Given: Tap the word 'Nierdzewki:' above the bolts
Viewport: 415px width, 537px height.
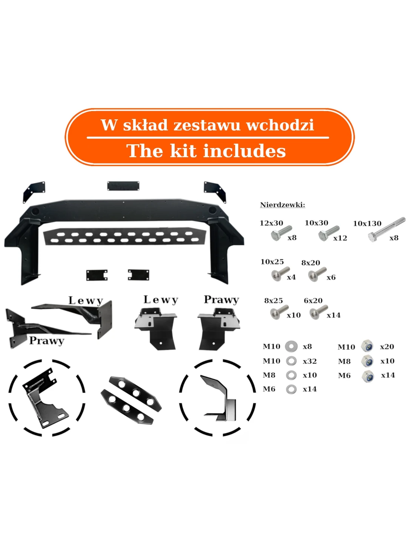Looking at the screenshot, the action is click(283, 205).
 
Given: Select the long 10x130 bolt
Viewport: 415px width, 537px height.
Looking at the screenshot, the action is click(386, 229).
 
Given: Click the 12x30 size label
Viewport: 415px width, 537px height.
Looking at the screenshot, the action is click(271, 223).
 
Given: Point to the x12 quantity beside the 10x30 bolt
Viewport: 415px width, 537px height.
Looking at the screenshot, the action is click(340, 238).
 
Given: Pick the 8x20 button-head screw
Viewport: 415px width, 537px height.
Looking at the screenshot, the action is click(317, 274).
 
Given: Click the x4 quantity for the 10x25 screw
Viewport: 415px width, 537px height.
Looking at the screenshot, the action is click(291, 277).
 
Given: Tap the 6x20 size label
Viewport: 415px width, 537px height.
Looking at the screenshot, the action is click(313, 301).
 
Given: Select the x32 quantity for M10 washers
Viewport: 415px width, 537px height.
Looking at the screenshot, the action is click(310, 361).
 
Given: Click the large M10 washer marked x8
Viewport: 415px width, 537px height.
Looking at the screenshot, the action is click(291, 346).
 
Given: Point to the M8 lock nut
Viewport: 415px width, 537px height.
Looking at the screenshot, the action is click(367, 361).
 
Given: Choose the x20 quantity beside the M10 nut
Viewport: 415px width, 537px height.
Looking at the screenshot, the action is click(387, 347).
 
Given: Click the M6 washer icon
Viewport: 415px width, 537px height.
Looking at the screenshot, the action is click(291, 389).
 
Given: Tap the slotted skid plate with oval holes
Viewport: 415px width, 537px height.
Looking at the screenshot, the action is click(124, 236).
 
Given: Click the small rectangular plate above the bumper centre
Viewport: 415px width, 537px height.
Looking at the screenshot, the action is click(123, 186).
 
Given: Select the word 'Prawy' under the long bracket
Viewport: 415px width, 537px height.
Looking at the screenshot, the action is click(47, 341).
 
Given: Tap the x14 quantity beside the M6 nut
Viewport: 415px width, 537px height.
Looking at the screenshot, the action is click(388, 375).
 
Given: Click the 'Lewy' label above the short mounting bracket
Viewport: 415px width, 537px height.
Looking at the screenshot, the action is click(161, 300).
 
